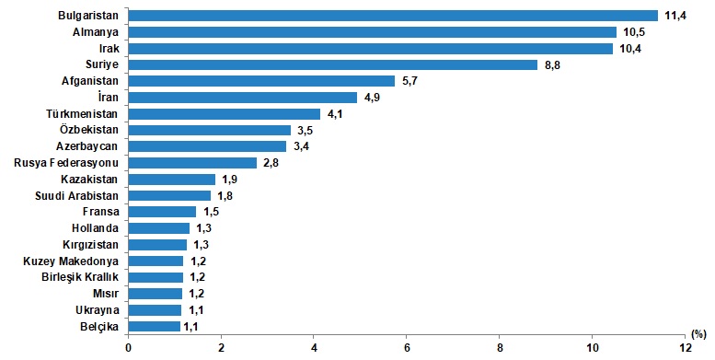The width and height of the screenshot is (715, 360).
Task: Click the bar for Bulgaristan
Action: coord(393,16)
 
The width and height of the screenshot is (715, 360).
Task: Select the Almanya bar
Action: coord(373,32)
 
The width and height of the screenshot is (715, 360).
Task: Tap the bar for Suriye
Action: coord(333,64)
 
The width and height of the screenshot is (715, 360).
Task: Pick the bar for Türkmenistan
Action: coord(225,113)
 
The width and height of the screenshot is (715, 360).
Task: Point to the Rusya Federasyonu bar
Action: coord(192,163)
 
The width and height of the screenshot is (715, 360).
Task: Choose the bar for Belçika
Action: coord(154,326)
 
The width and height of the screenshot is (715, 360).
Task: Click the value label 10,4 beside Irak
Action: coord(630,49)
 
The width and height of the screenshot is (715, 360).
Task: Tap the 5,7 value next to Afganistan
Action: coord(409,81)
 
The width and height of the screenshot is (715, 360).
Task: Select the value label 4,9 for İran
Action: coord(372,98)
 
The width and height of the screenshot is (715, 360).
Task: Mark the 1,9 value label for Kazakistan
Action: coord(229,180)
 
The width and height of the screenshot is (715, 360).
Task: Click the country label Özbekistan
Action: coord(89,130)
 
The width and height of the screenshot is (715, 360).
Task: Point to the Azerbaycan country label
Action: coord(86,146)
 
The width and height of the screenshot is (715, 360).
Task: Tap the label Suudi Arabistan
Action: coord(76,196)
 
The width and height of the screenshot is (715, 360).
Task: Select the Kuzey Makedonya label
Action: coord(71,261)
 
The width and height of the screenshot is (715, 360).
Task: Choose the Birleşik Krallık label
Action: coord(80,277)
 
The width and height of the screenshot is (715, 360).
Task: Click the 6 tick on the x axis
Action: coord(407,348)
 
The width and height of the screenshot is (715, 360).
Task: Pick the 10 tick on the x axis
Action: coord(593,348)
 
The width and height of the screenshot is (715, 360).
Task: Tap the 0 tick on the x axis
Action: coord(128,348)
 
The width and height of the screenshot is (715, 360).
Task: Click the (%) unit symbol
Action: coord(698,334)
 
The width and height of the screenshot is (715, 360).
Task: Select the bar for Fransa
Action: coord(162,212)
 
